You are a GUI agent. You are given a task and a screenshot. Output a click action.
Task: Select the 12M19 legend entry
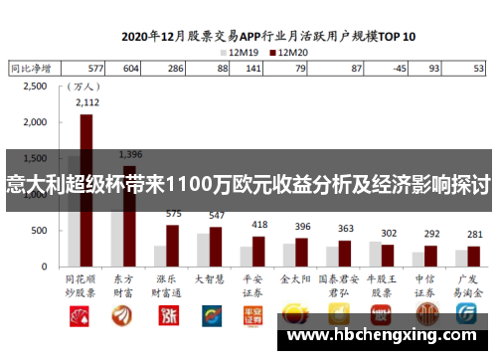pyautogui.click(x=245, y=51)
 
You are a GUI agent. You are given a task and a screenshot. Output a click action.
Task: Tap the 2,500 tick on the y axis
pyautogui.click(x=34, y=87)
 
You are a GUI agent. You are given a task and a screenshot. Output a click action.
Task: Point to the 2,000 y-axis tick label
pyautogui.click(x=34, y=123)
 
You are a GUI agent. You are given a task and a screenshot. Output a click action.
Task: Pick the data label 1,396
pyautogui.click(x=130, y=154)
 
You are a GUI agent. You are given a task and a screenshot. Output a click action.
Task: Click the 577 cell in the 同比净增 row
pyautogui.click(x=95, y=69)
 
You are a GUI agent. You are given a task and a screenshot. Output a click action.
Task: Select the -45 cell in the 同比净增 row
pyautogui.click(x=399, y=69)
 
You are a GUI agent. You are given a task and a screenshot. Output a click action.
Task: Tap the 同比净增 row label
pyautogui.click(x=33, y=69)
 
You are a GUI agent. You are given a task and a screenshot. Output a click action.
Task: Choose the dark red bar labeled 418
pyautogui.click(x=258, y=253)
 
